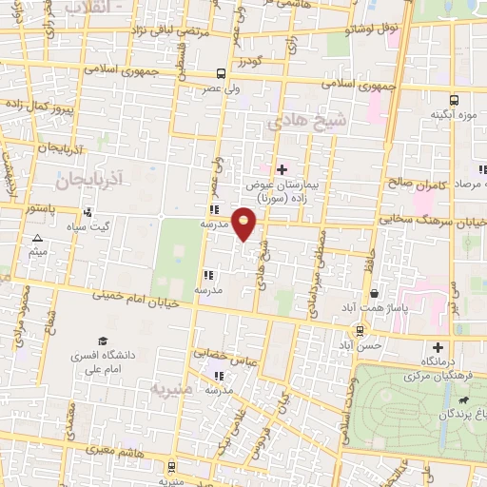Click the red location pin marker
[x=245, y=223]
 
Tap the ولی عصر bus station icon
[x=221, y=73]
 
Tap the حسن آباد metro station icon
[x=360, y=331]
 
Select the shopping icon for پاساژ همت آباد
[x=375, y=293]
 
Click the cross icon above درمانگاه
[x=438, y=347]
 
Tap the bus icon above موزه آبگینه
[x=453, y=98]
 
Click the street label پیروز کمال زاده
[x=38, y=101]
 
